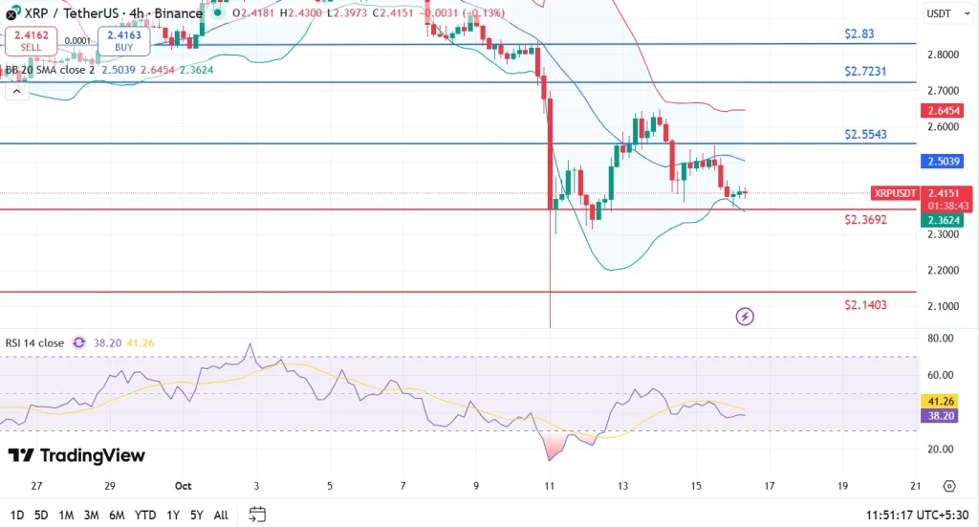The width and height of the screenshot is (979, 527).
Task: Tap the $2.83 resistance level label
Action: pos(859,33)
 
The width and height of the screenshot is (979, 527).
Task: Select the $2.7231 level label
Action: pos(864,72)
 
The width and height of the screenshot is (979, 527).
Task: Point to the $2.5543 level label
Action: pos(865,135)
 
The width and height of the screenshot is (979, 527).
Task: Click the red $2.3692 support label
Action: pos(864,220)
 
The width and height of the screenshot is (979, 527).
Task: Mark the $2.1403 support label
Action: pos(864,305)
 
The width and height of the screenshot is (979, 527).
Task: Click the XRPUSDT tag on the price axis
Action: pos(896,193)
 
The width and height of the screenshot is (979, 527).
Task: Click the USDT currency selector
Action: pos(941,13)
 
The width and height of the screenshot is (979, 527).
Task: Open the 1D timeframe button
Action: pos(15,515)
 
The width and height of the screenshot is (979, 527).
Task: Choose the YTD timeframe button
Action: pos(146,515)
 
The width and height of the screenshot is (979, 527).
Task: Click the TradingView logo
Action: pos(76,455)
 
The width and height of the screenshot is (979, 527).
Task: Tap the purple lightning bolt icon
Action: pos(746,316)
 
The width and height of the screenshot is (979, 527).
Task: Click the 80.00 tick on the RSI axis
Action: pos(941,338)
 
